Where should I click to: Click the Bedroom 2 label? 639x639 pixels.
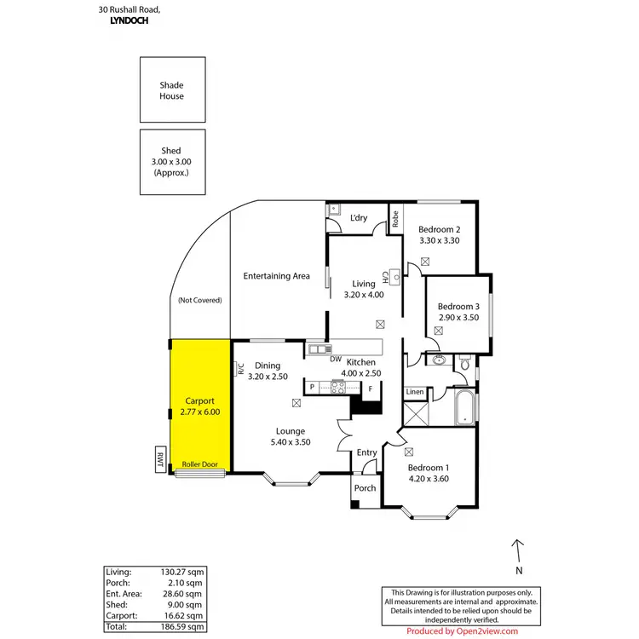pos(440,230)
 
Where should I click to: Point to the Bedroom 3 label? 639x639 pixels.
pos(459,307)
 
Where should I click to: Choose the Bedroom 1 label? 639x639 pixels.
pos(428,468)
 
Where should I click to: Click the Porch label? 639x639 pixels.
pos(366,488)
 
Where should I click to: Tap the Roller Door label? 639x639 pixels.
pos(200,464)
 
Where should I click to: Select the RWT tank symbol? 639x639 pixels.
pos(159,459)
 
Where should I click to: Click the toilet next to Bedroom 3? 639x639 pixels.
pos(464,364)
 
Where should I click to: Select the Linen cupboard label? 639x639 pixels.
pos(414,392)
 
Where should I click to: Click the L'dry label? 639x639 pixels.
pos(359,218)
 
